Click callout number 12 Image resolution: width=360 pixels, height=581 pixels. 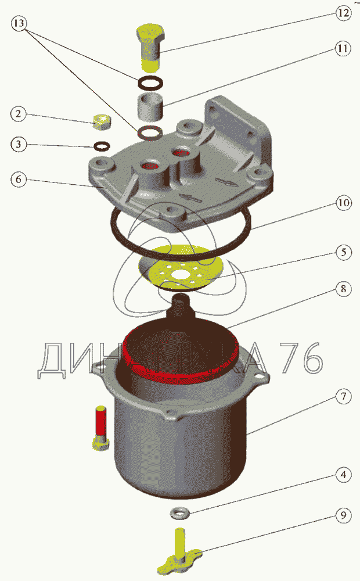(x=343, y=13)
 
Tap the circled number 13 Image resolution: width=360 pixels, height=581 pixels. (x=19, y=24)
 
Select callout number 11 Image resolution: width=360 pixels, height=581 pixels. (x=343, y=49)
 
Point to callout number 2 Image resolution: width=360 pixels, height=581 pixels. (x=19, y=114)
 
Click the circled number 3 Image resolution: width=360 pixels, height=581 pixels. (x=19, y=144)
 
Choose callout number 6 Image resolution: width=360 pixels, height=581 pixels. (x=19, y=180)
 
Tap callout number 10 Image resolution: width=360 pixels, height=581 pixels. (x=343, y=203)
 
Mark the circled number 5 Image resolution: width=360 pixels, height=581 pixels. (x=343, y=252)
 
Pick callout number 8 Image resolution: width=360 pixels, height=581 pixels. (x=343, y=289)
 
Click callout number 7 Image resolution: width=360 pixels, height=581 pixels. (x=343, y=397)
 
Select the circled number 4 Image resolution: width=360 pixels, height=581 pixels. (x=343, y=475)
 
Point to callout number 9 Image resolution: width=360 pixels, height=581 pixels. (x=343, y=515)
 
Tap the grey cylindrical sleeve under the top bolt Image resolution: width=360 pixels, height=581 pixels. (x=151, y=107)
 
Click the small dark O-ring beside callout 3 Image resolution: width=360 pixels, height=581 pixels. (x=102, y=146)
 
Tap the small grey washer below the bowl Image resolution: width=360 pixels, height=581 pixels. (x=179, y=513)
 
